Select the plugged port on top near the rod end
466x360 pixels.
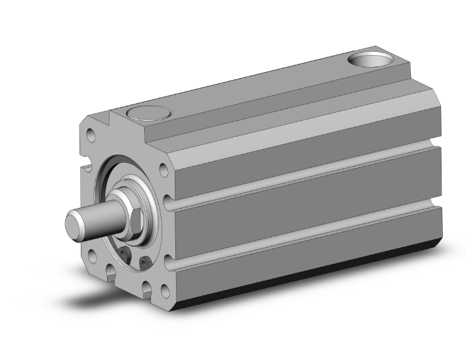(x=148, y=114)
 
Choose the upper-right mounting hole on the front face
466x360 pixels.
(x=164, y=168)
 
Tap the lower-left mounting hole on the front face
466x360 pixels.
(x=92, y=255)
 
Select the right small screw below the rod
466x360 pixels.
(x=145, y=264)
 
